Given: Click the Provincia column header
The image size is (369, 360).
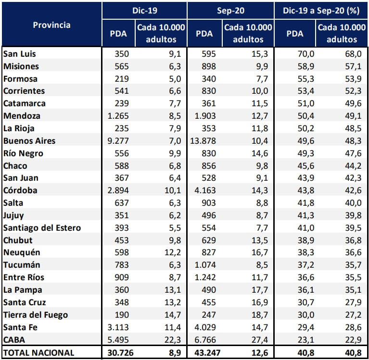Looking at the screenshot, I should (51, 25).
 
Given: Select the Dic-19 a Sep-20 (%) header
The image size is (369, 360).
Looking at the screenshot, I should (321, 10).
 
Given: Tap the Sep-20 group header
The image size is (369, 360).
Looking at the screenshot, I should (230, 10).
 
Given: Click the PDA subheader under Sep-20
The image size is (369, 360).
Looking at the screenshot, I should (205, 34).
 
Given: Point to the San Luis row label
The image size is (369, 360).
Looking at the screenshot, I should (20, 54).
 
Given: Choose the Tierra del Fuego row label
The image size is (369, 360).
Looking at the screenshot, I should (36, 315).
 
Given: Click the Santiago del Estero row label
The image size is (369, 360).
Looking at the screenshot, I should (42, 228).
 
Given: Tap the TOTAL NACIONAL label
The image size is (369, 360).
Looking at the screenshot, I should (39, 353).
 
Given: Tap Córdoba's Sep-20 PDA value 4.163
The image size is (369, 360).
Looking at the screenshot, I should (207, 190).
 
